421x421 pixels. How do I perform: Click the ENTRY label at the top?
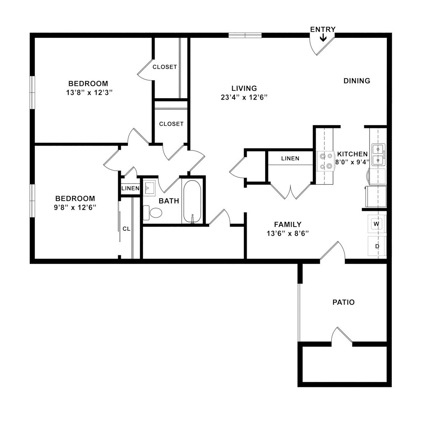(323, 29)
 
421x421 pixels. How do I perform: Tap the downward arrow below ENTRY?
(323, 38)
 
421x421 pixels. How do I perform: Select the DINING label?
(356, 81)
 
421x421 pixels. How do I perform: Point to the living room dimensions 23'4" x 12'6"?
(244, 97)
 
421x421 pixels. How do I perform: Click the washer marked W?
(377, 224)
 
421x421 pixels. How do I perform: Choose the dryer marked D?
(377, 246)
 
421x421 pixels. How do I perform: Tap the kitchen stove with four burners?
(325, 161)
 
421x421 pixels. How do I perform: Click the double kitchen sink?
(378, 154)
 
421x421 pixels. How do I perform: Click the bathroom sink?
(149, 188)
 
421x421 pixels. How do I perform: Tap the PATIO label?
(343, 303)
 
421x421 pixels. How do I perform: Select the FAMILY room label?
(288, 224)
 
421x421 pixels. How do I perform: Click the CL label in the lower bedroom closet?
(126, 229)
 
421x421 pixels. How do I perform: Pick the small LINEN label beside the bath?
(130, 189)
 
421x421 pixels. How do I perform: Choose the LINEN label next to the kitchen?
(290, 158)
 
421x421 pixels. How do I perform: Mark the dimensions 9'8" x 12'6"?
(76, 207)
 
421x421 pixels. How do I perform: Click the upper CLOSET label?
(164, 67)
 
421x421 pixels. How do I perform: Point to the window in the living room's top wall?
(245, 35)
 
